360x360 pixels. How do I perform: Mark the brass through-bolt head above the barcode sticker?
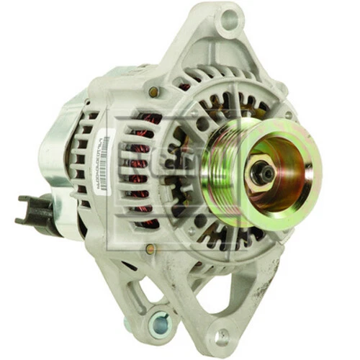click(x=153, y=92)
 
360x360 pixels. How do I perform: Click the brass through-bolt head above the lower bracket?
click(x=149, y=249)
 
